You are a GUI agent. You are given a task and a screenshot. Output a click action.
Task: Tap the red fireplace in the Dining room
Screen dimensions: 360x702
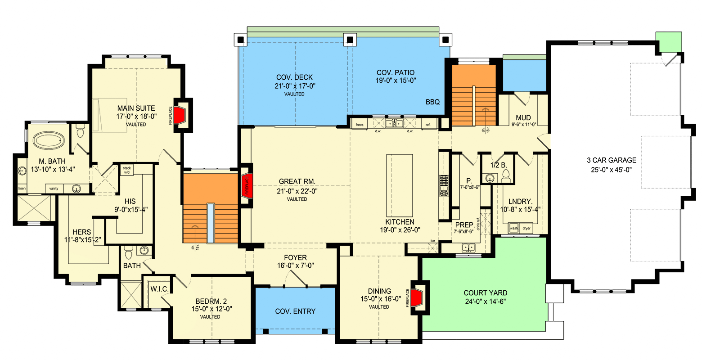pos(417,297)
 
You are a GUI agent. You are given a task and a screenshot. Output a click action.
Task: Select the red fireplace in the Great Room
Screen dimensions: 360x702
pos(246,185)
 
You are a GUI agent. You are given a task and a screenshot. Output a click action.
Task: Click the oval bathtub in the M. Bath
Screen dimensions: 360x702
pos(50,141)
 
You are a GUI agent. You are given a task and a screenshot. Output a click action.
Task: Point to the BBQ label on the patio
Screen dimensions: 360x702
pos(432,102)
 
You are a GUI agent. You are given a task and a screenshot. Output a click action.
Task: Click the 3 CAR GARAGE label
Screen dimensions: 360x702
pos(611,160)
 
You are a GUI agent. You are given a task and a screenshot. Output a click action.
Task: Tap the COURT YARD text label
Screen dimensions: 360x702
pos(482,293)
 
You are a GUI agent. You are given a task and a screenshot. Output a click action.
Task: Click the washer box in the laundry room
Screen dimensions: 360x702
pos(513,228)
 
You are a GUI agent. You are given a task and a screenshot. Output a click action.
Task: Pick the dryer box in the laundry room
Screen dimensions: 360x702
pos(526,228)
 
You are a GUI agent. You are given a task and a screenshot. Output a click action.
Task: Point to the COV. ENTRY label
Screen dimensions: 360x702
pos(295,311)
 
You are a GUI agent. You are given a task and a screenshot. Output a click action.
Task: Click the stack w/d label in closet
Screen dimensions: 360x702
pos(126,170)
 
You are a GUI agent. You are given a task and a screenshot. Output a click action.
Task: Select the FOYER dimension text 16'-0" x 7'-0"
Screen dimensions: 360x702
pos(295,266)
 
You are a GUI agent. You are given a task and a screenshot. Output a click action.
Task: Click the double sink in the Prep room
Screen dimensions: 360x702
pos(468,247)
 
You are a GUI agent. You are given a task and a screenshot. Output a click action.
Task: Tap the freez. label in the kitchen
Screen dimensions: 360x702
pos(360,125)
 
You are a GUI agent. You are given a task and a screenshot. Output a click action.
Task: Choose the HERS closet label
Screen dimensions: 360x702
pos(81,232)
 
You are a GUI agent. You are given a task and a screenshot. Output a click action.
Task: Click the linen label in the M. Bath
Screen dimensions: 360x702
pos(22,188)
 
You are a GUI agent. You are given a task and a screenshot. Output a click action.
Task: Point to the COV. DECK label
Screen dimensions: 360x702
pos(294,77)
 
